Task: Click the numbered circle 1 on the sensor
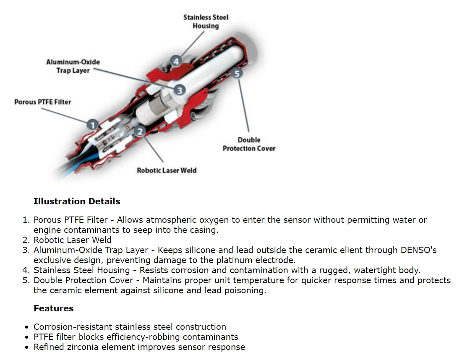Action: pos(93,124)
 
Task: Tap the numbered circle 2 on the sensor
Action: pos(140,132)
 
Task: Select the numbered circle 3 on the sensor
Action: pos(179,90)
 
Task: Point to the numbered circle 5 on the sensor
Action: pos(237,74)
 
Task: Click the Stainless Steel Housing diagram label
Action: pos(206,22)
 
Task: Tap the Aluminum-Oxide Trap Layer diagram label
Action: pos(73,66)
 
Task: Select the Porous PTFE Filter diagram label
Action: pos(43,102)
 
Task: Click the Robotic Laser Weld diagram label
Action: pos(167,170)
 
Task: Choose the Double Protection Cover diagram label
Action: pos(249,144)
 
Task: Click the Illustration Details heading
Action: pos(77,201)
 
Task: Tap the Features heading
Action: pos(53,308)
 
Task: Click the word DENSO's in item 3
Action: pos(416,250)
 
